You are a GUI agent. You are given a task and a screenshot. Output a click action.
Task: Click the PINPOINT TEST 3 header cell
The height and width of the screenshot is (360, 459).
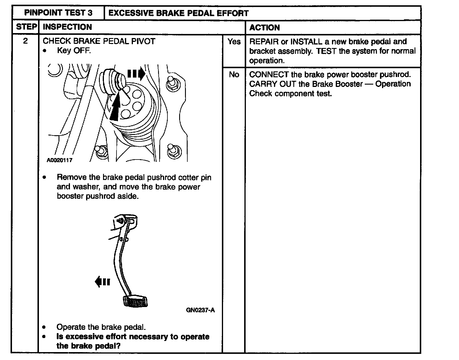pos(58,13)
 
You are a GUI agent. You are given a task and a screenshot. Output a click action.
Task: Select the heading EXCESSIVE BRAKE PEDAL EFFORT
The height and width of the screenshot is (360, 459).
pos(178,13)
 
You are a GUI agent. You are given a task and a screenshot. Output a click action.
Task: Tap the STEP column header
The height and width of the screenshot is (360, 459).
pos(26,27)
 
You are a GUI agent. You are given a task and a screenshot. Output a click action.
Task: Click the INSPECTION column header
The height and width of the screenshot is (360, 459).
pos(67,27)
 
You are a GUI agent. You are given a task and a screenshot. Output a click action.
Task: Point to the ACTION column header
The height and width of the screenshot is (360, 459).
pos(264,28)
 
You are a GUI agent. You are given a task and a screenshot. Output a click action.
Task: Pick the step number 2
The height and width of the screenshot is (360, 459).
pos(25,41)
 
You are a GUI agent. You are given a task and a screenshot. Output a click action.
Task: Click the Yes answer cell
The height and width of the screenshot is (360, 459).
pos(234,42)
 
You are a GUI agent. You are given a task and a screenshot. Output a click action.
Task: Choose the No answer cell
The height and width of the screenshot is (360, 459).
pos(234,75)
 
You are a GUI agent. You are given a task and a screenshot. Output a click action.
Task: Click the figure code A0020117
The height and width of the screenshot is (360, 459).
pos(59,160)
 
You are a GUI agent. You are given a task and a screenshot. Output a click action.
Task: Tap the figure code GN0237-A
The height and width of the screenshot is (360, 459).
pos(200,310)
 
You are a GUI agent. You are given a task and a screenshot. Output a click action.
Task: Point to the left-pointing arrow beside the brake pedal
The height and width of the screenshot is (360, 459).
pos(102,282)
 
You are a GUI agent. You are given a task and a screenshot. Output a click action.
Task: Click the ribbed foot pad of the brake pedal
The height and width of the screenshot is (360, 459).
pos(135,301)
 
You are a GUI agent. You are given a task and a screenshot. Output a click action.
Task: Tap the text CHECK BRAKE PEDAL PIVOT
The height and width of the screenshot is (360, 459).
pos(99,41)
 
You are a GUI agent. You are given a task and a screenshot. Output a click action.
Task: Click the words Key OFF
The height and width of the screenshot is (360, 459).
pos(74,51)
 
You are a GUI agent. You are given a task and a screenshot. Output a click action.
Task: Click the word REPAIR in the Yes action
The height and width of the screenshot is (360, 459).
pos(264,42)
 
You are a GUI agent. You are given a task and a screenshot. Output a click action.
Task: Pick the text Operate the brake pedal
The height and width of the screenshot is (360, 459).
pos(101,327)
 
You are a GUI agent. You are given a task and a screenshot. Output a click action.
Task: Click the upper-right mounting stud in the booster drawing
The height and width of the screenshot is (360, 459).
pos(172,84)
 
